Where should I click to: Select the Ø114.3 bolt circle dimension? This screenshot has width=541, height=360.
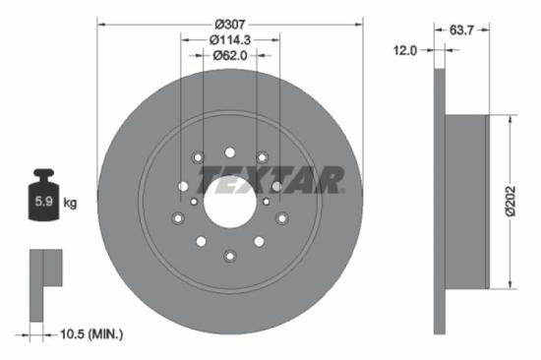[230, 39]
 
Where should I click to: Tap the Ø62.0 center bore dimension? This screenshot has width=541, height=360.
[230, 56]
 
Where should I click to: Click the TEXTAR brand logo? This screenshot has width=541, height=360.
[272, 180]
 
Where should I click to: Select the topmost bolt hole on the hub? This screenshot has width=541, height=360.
[230, 151]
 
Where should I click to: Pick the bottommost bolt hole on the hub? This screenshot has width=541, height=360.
[230, 257]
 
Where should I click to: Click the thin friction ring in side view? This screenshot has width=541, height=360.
[439, 203]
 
